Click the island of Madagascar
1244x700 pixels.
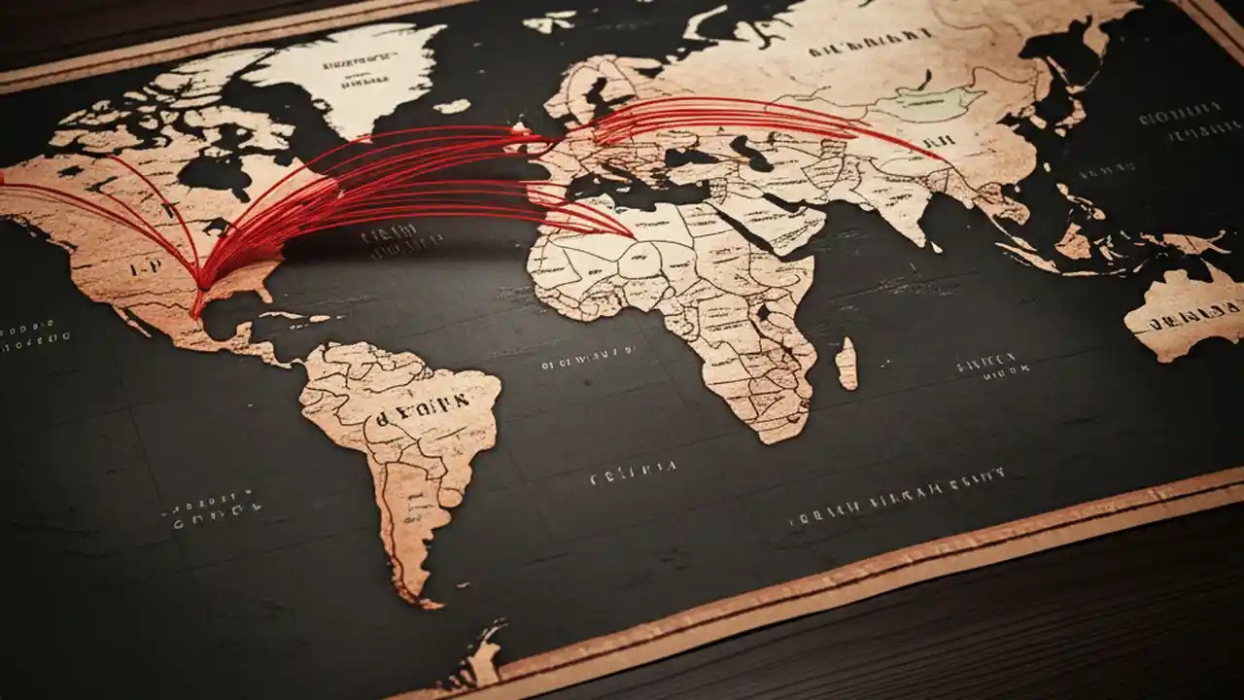[847, 364]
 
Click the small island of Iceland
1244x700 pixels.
[451, 106]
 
